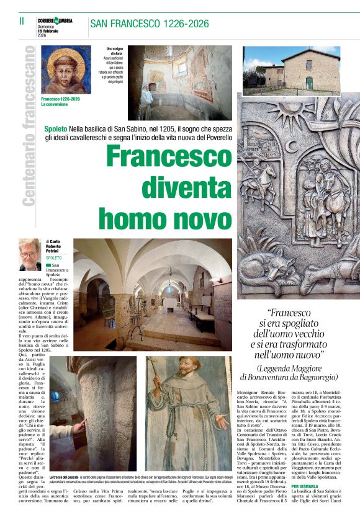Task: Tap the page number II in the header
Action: pyautogui.click(x=21, y=21)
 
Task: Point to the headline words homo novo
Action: pyautogui.click(x=164, y=218)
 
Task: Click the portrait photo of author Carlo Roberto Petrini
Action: pyautogui.click(x=29, y=254)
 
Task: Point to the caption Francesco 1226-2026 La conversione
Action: pyautogui.click(x=60, y=102)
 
